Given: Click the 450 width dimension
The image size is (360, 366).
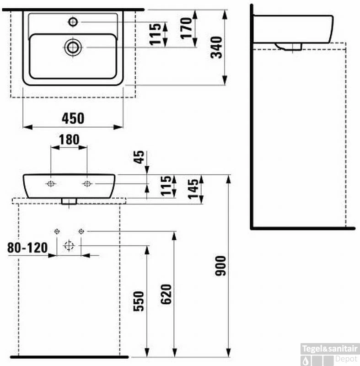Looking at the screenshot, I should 73,118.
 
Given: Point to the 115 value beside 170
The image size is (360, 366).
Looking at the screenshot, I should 156,34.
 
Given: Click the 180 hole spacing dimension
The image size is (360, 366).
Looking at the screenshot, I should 69,140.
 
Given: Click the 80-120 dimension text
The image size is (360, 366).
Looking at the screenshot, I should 27,248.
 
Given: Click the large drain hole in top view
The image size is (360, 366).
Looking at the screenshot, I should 73,47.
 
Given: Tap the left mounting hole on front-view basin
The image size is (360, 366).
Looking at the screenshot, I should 51,183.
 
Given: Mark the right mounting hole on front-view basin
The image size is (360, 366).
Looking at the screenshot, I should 87,183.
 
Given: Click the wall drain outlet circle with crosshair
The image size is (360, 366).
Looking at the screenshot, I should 69,246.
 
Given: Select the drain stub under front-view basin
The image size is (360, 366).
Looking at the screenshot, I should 69,201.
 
